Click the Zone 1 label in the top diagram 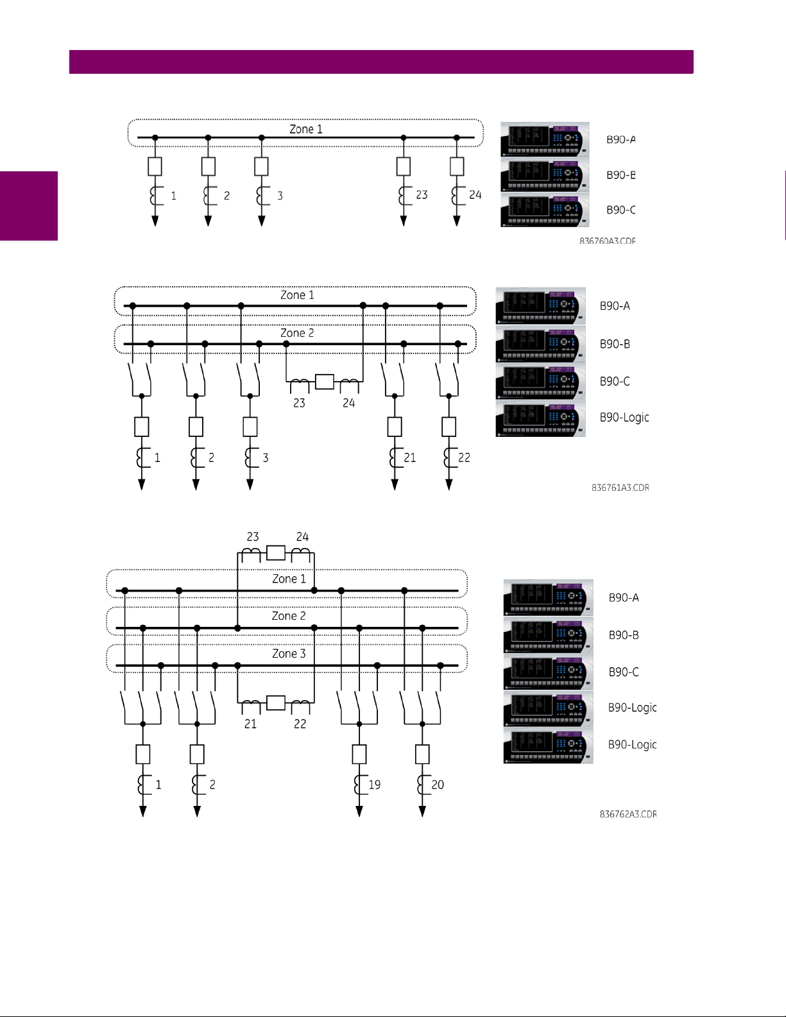point(305,129)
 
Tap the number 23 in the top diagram point(422,194)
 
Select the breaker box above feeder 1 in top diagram point(155,166)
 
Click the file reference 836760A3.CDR point(607,241)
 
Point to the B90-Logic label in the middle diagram point(624,417)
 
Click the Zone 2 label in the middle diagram point(297,333)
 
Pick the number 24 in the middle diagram point(348,403)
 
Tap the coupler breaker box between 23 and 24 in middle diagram point(325,382)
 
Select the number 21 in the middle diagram point(410,457)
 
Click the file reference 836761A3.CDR point(620,488)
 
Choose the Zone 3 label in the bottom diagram point(289,653)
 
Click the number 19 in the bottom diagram point(375,785)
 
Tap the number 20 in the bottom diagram point(438,785)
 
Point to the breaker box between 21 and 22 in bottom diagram point(275,703)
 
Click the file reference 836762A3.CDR point(628,814)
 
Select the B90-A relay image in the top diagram point(545,139)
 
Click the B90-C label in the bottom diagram point(624,672)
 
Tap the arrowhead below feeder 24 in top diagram point(457,221)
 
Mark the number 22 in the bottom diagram point(300,724)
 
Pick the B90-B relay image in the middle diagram point(540,344)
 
